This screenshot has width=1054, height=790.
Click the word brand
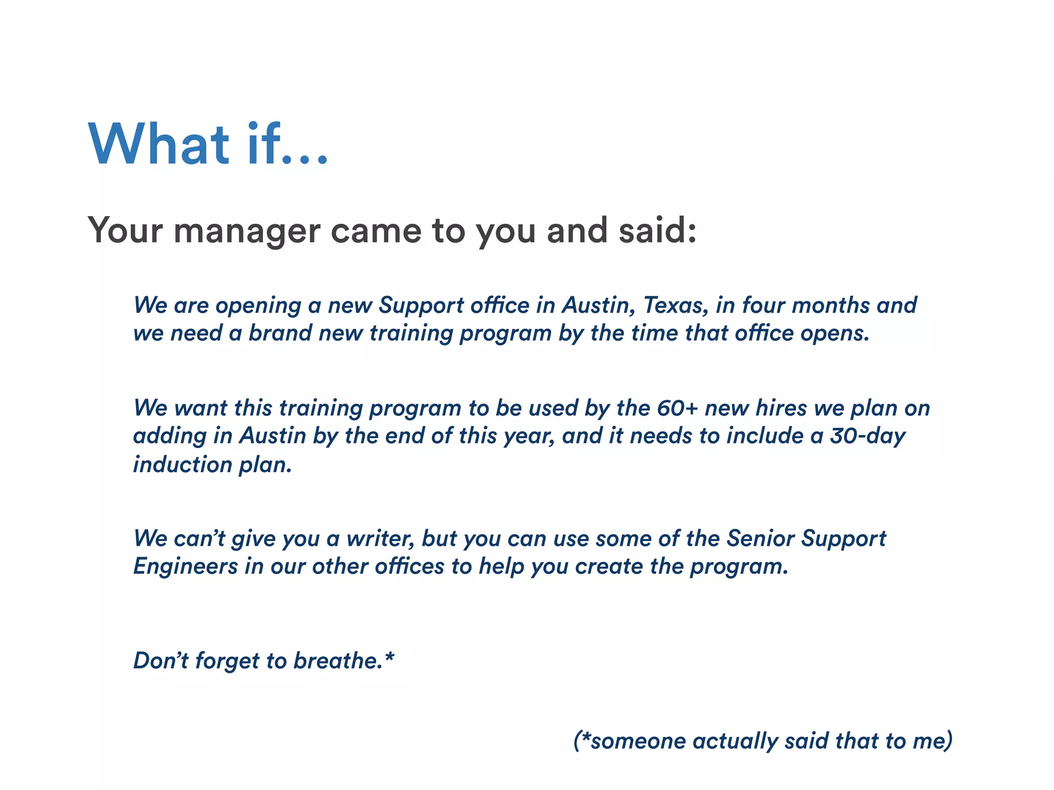tap(280, 333)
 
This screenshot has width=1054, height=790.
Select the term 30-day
tap(868, 436)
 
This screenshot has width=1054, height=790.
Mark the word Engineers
tap(185, 567)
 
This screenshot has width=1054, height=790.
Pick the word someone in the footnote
tap(638, 741)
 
